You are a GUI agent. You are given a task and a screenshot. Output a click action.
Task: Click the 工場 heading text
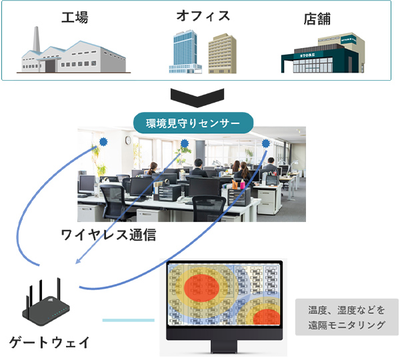(x=75, y=17)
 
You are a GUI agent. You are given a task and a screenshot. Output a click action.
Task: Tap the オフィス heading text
(x=203, y=16)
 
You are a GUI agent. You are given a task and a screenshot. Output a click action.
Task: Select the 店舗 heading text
(x=317, y=19)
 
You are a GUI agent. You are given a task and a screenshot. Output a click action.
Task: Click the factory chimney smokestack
(x=37, y=39)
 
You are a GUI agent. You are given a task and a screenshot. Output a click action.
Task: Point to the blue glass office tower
(x=185, y=51)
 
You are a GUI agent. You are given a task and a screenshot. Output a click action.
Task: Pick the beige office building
(x=222, y=53)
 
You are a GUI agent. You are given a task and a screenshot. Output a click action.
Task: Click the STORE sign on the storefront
(x=307, y=55)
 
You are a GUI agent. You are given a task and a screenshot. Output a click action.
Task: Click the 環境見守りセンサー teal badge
(x=193, y=123)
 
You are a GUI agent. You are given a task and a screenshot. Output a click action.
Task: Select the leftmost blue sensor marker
(x=103, y=142)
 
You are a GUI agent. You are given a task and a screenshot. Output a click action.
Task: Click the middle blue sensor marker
(x=185, y=143)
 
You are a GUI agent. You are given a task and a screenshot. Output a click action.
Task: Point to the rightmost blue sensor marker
(x=266, y=143)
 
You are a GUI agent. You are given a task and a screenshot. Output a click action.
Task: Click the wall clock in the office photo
(x=128, y=140)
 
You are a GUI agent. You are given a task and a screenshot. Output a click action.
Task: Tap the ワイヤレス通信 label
(x=109, y=235)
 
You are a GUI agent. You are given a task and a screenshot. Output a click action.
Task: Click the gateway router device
(x=46, y=302)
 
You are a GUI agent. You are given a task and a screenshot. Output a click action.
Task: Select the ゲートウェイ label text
(x=49, y=342)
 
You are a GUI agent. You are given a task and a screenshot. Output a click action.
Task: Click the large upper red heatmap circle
(x=201, y=287)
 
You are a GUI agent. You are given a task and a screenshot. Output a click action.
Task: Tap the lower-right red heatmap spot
(x=267, y=317)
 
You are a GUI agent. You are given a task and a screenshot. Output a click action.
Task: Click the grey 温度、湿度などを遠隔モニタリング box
(x=347, y=317)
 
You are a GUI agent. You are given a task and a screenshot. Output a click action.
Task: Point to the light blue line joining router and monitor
(x=128, y=320)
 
